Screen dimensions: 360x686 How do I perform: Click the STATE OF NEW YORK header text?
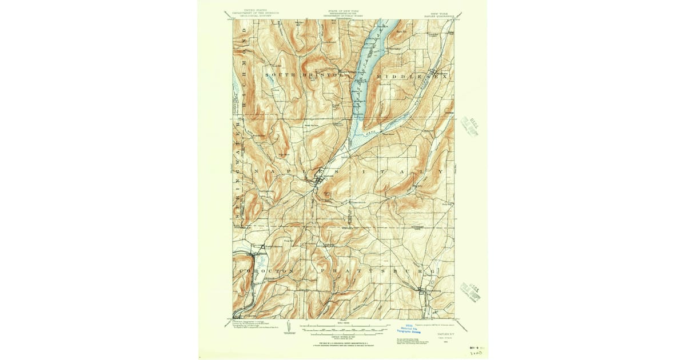coord(343,12)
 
